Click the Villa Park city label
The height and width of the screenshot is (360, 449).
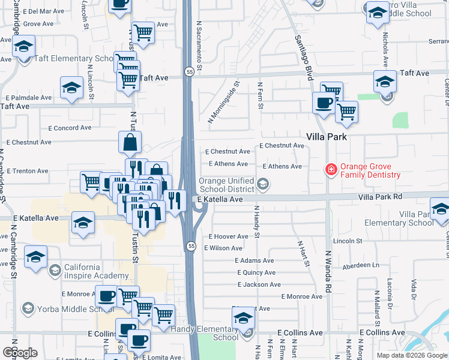coord(328,136)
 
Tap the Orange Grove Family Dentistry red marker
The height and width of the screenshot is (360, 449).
coord(330,170)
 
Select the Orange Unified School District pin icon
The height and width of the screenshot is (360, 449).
coord(262,184)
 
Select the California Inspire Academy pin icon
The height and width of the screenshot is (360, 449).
coord(55,270)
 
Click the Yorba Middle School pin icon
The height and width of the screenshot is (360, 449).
coord(28,308)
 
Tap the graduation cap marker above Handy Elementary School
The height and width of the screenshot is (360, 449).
coord(243,317)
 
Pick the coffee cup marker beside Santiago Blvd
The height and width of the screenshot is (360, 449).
coord(324,103)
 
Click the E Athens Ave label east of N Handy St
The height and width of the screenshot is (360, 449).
coord(282,166)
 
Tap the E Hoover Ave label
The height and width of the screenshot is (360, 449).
coord(229,236)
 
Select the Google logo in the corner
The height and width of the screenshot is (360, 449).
coord(20,353)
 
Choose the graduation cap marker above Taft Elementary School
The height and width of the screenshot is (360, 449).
coord(23,46)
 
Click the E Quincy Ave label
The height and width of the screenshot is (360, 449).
coord(256,272)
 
